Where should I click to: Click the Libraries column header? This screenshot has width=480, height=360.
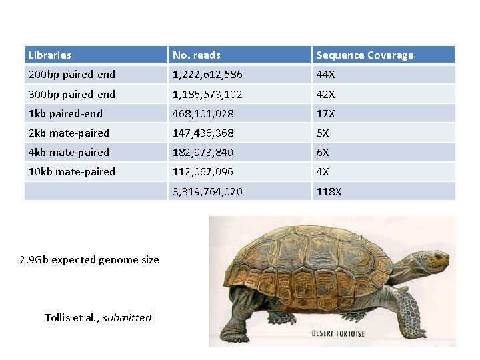50,55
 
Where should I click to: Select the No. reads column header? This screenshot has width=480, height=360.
197,55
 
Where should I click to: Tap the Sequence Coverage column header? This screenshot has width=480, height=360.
365,55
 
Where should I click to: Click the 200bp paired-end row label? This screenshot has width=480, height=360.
72,75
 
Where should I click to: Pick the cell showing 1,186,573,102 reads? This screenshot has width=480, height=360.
207,94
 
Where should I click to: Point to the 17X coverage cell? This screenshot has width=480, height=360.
325,113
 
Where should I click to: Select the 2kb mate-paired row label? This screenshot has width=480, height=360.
69,133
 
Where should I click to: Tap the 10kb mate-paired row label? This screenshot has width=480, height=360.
72,171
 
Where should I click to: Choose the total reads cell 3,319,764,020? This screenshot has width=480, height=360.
207,191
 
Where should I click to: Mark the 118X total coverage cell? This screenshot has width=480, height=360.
329,191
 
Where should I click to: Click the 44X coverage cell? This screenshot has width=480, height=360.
326,75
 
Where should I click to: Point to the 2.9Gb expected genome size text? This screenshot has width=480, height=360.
90,259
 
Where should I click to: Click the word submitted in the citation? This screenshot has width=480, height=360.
127,317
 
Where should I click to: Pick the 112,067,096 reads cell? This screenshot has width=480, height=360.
203,171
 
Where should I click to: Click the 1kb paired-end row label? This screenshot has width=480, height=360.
65,113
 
